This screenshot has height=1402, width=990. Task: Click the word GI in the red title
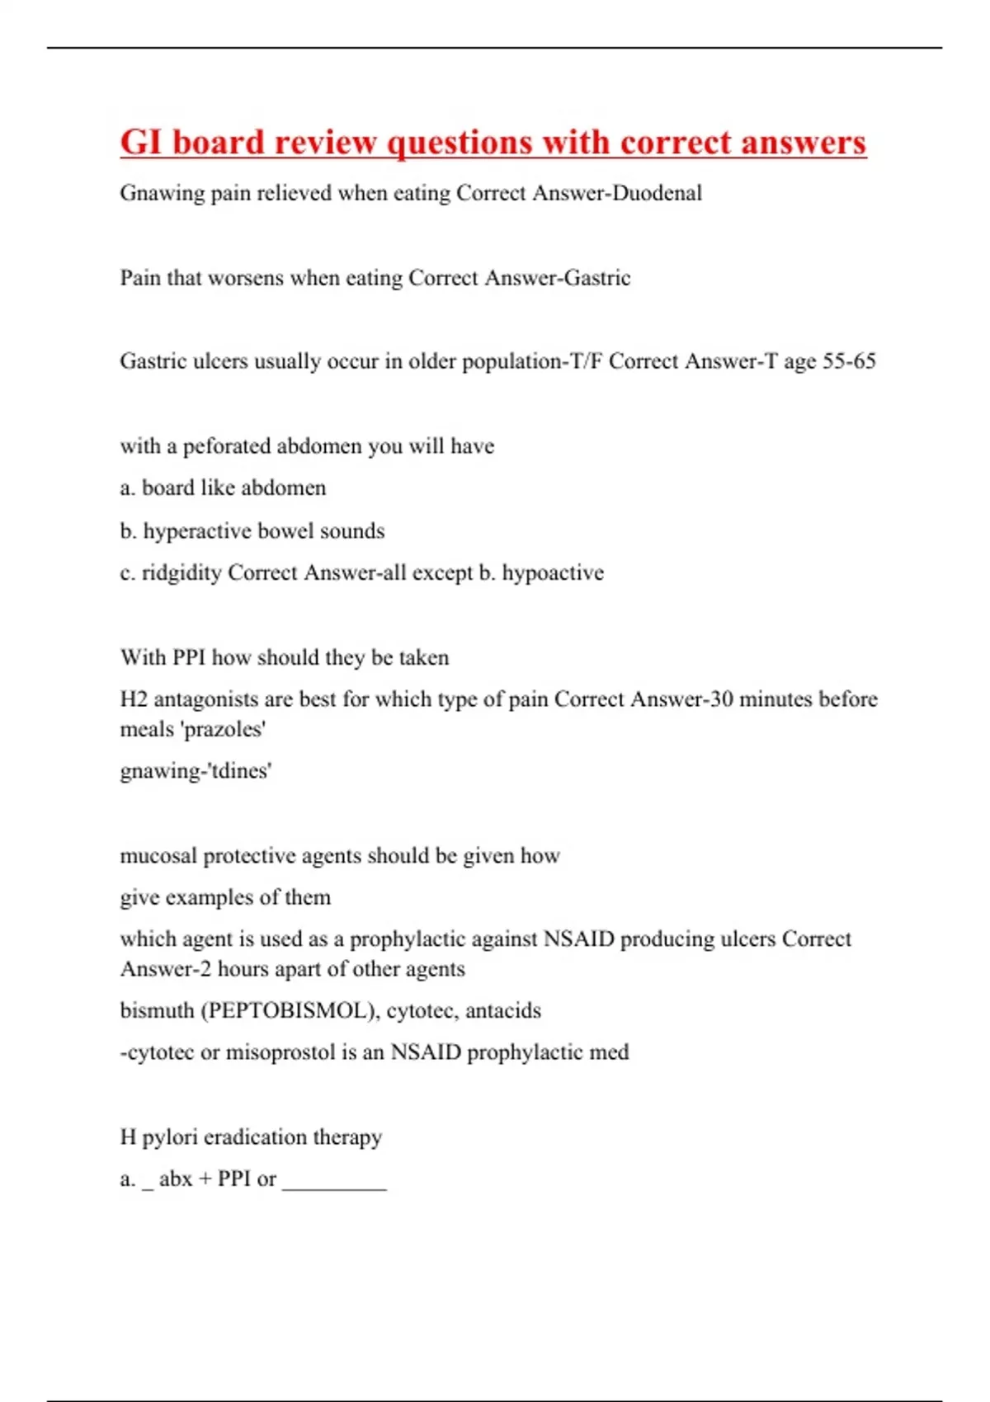click(140, 142)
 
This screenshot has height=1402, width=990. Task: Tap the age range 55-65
click(849, 361)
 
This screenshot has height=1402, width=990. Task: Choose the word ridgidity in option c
click(181, 572)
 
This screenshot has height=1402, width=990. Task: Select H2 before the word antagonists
click(134, 699)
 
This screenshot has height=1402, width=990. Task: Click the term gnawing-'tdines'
click(196, 771)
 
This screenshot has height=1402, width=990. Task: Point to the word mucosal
click(158, 856)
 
